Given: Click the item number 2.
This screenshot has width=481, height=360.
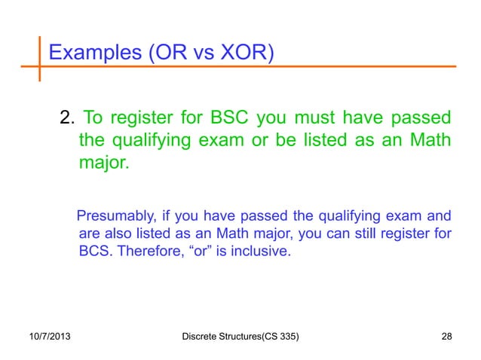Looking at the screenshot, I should [66, 119].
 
